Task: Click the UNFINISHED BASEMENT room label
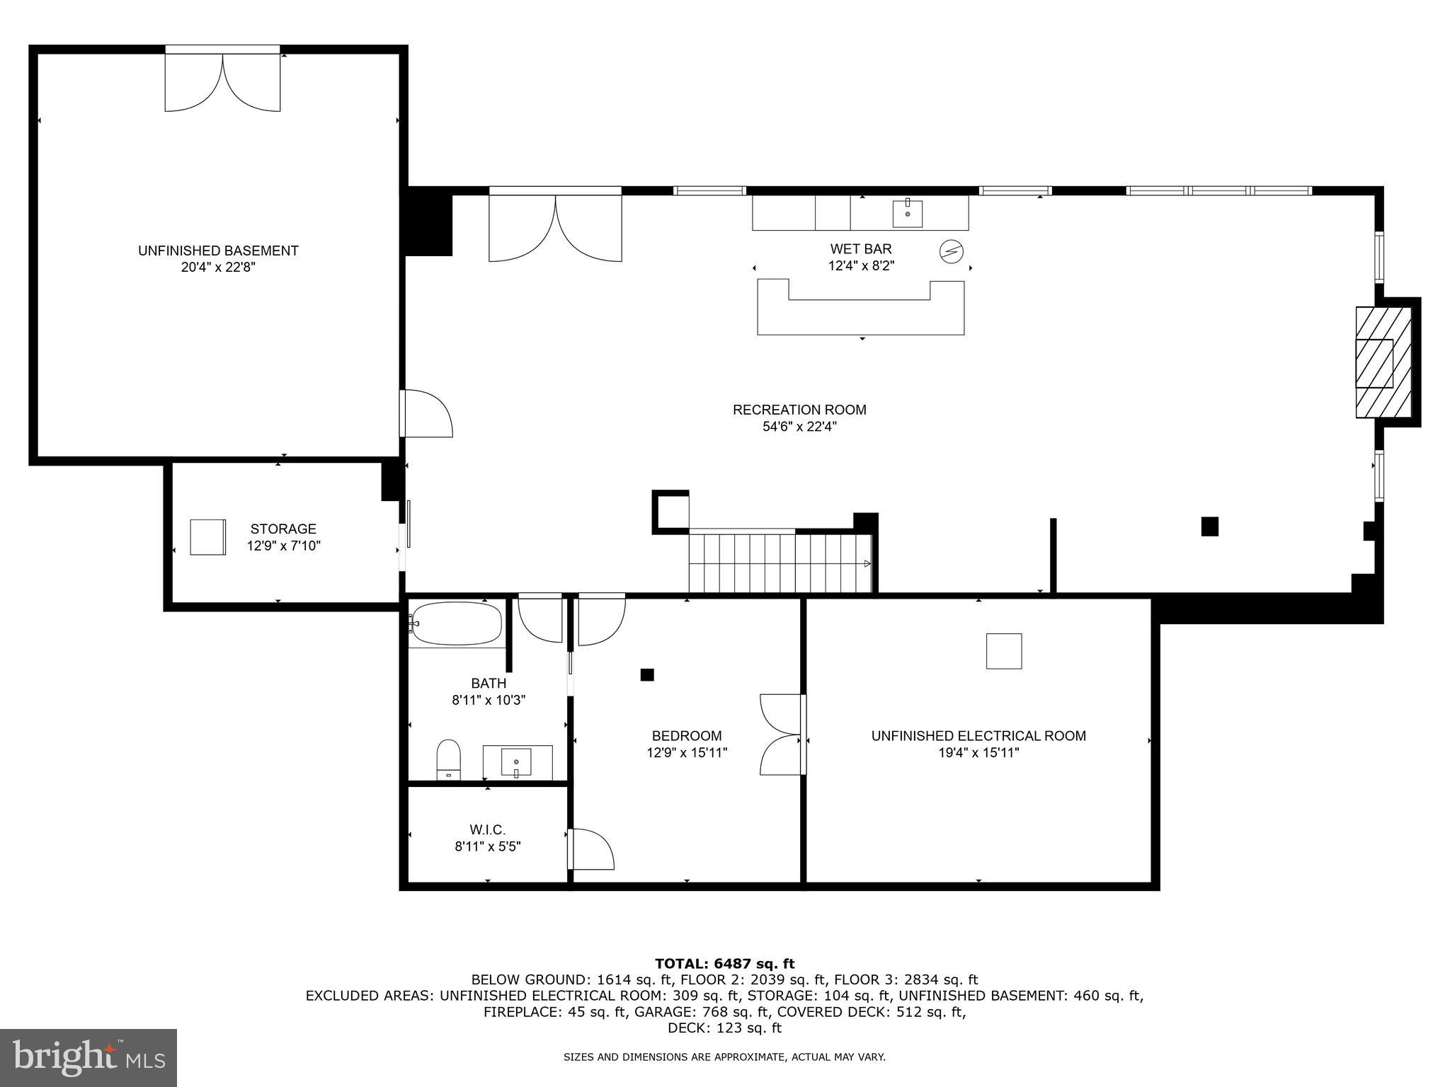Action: [218, 251]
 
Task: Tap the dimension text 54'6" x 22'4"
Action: [799, 427]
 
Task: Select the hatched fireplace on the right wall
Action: [1383, 362]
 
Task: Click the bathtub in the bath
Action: [457, 623]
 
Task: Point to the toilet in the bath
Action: [448, 759]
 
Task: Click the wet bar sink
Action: [907, 213]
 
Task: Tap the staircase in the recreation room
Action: [779, 563]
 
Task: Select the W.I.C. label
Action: [488, 829]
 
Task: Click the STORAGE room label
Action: [283, 529]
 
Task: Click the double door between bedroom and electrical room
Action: [780, 735]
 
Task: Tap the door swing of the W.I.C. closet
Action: [591, 849]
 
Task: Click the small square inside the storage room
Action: [207, 537]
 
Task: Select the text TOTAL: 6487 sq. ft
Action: [724, 964]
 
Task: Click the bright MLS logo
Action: [88, 1057]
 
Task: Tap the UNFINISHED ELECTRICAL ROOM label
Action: [978, 736]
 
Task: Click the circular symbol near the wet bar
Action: [952, 251]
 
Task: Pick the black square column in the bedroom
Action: [646, 674]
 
